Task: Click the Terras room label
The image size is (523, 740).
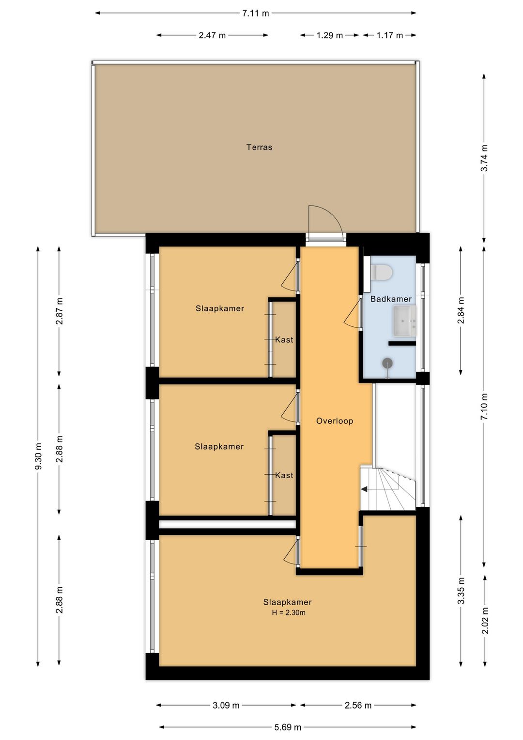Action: pos(259,147)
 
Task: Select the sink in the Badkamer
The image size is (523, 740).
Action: pos(404,321)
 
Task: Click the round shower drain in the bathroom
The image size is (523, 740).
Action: pos(387,363)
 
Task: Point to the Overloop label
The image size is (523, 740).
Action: pos(335,421)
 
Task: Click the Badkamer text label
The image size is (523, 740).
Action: pos(391,299)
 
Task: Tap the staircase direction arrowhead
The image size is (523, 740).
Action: pos(364,489)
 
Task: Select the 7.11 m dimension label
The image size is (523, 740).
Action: pos(255,14)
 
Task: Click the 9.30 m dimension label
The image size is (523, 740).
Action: pos(38,456)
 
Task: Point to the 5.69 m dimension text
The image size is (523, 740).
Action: pos(288,727)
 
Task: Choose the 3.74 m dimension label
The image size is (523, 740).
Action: pos(484,158)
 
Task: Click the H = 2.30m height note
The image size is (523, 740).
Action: pos(289,613)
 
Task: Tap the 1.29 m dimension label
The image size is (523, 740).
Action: pos(330,35)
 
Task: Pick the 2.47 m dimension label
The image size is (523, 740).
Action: pos(212,35)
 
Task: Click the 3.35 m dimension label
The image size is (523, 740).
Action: pos(461,591)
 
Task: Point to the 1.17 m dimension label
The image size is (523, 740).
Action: pos(390,35)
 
